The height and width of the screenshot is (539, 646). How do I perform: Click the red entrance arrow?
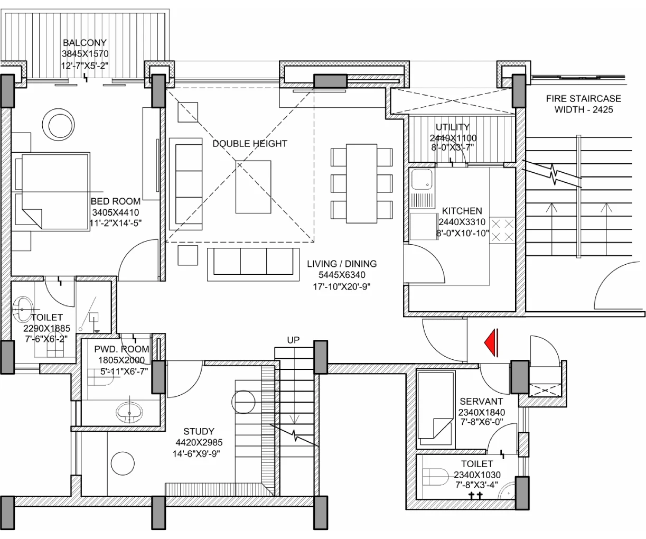click(492, 343)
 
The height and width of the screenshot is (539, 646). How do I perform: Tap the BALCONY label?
click(85, 43)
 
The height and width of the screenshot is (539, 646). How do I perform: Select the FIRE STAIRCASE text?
click(584, 99)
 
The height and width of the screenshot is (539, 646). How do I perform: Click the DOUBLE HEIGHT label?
click(250, 144)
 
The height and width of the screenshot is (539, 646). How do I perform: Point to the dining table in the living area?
click(361, 183)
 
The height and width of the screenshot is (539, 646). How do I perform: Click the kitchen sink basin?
click(422, 179)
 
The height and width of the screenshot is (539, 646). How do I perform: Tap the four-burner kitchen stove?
click(502, 230)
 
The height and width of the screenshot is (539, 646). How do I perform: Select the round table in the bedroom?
click(58, 124)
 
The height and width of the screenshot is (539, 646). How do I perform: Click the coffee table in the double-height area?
click(254, 187)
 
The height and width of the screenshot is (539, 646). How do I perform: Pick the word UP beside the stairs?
click(293, 340)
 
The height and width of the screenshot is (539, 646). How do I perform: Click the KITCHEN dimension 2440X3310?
click(462, 222)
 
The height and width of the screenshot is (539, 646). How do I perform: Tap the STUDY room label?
click(199, 432)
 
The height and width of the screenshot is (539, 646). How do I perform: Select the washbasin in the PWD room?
click(129, 412)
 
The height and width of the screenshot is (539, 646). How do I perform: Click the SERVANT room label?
click(481, 402)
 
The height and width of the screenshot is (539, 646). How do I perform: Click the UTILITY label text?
click(453, 127)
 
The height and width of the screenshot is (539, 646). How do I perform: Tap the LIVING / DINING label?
click(342, 264)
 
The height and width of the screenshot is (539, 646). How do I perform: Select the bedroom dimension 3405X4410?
click(116, 212)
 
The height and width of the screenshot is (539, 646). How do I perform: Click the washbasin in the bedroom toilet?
click(23, 309)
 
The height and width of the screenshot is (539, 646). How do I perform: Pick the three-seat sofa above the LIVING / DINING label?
click(254, 264)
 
